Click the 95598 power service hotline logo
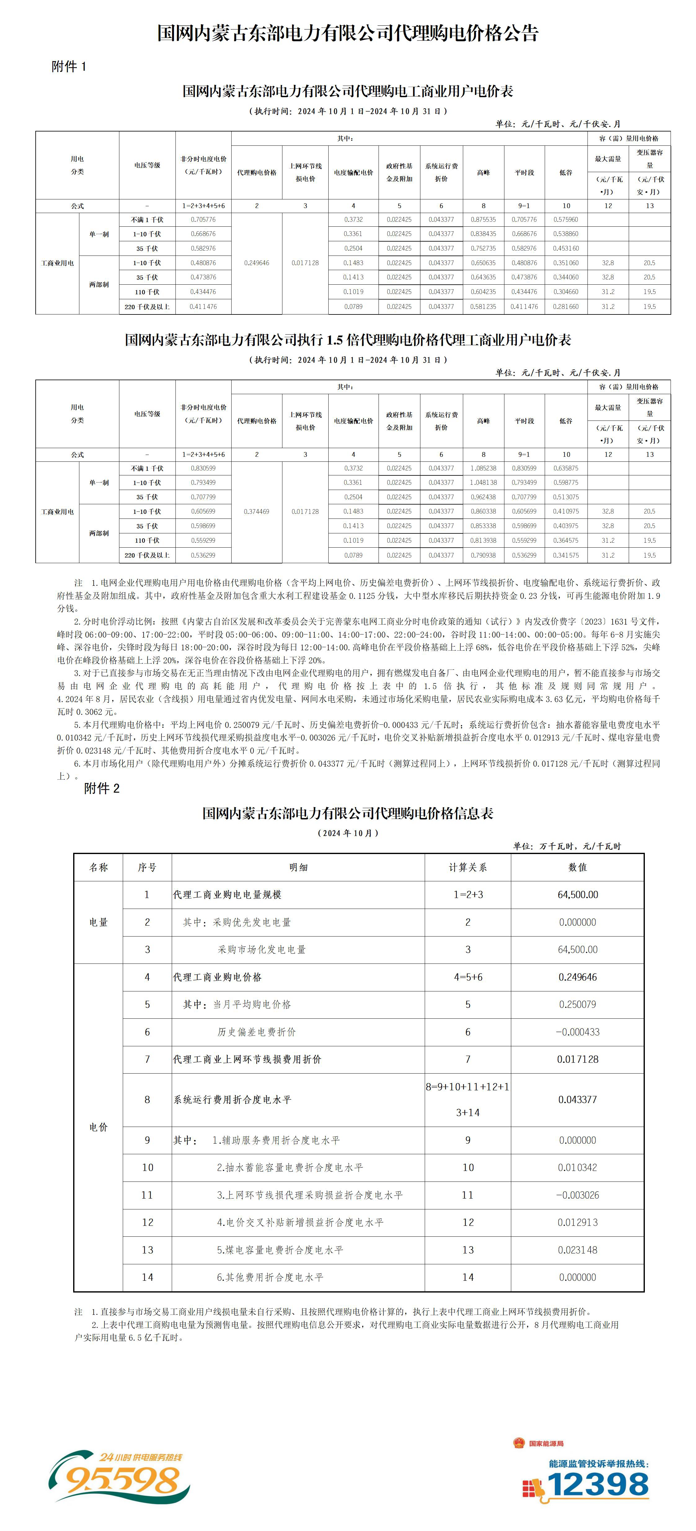click(119, 1478)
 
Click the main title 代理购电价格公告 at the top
click(348, 33)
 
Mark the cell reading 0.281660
click(566, 307)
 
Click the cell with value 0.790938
click(483, 555)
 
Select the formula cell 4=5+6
click(468, 977)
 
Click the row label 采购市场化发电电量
click(262, 950)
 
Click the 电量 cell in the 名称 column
click(99, 922)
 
